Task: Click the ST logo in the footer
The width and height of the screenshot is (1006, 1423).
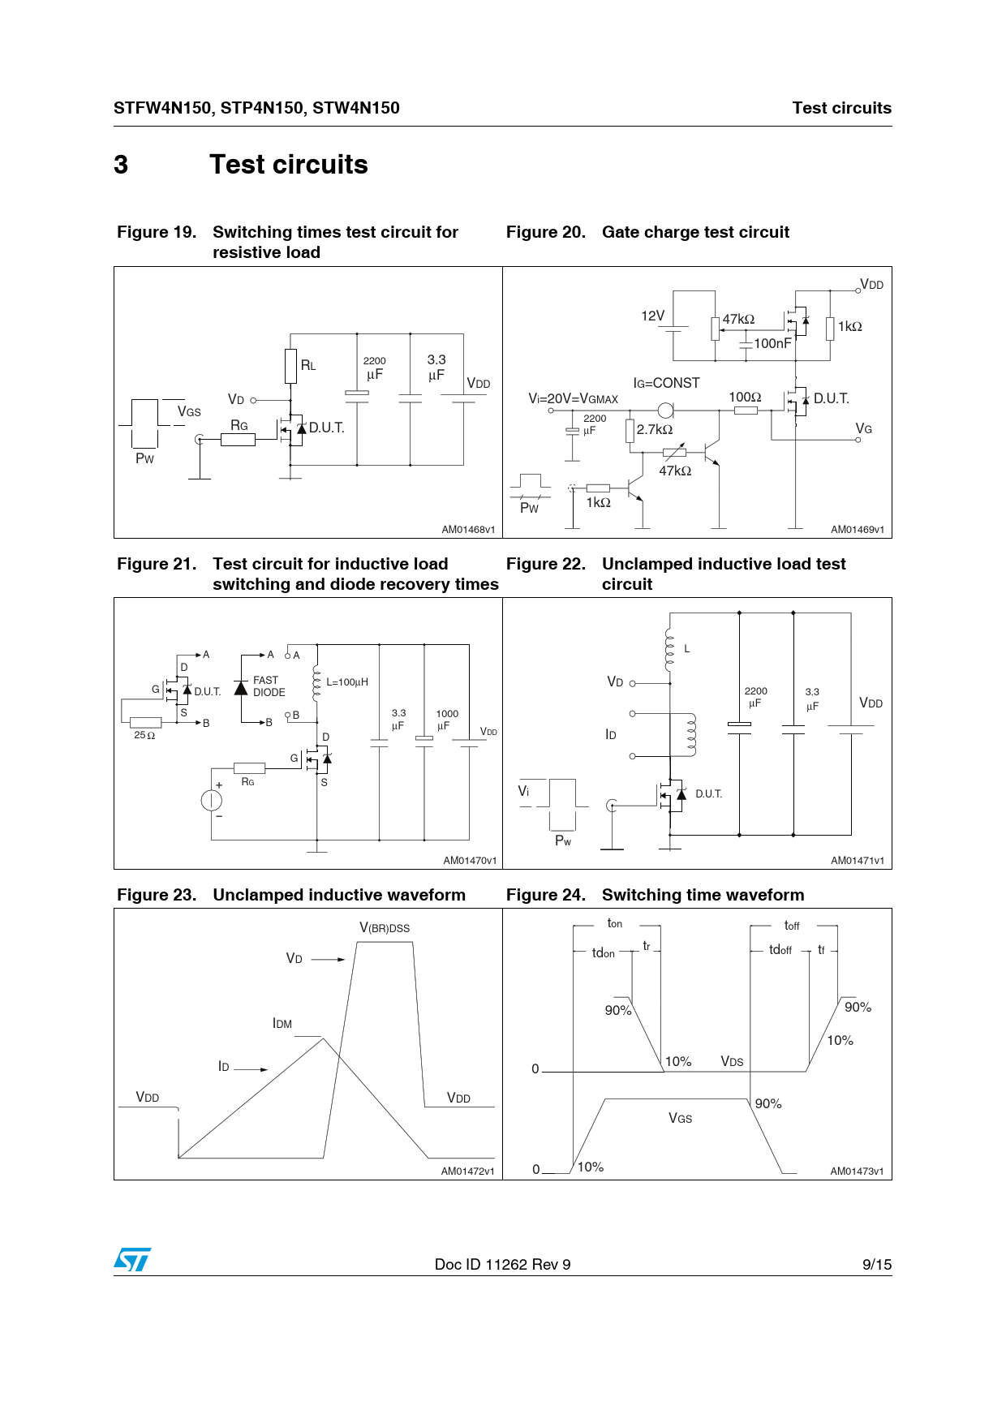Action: point(132,1260)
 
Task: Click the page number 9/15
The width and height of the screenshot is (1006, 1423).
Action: point(876,1264)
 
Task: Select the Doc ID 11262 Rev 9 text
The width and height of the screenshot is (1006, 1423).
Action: point(502,1264)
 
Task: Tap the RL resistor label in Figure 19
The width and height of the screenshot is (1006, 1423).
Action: point(308,365)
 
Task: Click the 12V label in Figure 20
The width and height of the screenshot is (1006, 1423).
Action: point(652,316)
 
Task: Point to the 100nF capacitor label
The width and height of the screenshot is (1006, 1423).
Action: point(772,343)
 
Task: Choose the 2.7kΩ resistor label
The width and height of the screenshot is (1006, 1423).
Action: point(655,429)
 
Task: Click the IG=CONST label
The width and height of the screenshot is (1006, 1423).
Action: point(666,383)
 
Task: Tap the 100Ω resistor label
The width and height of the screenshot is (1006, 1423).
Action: point(745,397)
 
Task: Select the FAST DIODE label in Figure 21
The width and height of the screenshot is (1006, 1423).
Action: point(269,686)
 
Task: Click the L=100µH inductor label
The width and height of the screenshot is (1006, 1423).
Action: point(347,682)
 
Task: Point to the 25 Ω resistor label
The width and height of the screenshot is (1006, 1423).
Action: point(144,735)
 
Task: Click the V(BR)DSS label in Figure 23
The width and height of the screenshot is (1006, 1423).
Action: point(385,928)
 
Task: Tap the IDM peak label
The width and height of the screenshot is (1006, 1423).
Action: point(282,1024)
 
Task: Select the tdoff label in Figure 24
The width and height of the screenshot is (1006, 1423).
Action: point(780,950)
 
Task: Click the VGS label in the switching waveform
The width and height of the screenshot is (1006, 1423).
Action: point(680,1118)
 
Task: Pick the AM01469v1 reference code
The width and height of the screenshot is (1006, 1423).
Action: point(857,530)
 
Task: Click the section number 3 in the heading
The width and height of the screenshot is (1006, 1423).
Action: point(121,165)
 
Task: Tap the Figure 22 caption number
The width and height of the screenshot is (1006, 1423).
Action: point(545,564)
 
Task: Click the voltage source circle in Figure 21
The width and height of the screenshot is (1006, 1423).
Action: point(211,801)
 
